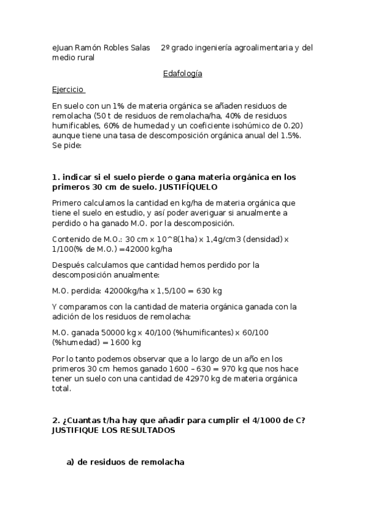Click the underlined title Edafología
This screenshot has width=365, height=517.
[x=182, y=74]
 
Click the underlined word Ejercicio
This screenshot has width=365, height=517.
[x=68, y=89]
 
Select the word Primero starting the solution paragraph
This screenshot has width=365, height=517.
[x=68, y=201]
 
